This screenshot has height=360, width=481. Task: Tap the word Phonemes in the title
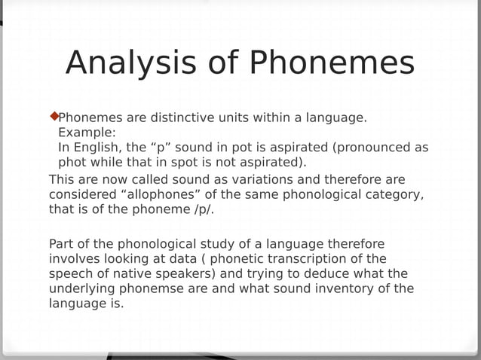[x=332, y=63]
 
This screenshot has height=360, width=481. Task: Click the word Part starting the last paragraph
[x=63, y=244]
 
